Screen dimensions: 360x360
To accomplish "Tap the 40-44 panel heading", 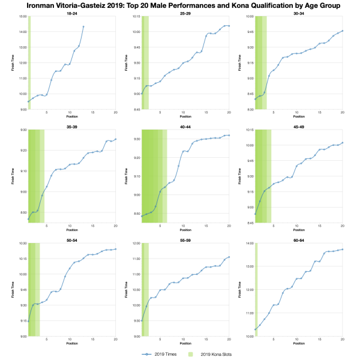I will coord(185,125).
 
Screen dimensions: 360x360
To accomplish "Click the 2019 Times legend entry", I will coord(156,355).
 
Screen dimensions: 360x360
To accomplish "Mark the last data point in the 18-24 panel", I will coord(83,26).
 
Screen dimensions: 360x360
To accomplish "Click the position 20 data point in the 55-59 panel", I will coord(229,257).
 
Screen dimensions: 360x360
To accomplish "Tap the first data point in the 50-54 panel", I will coord(29,322).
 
